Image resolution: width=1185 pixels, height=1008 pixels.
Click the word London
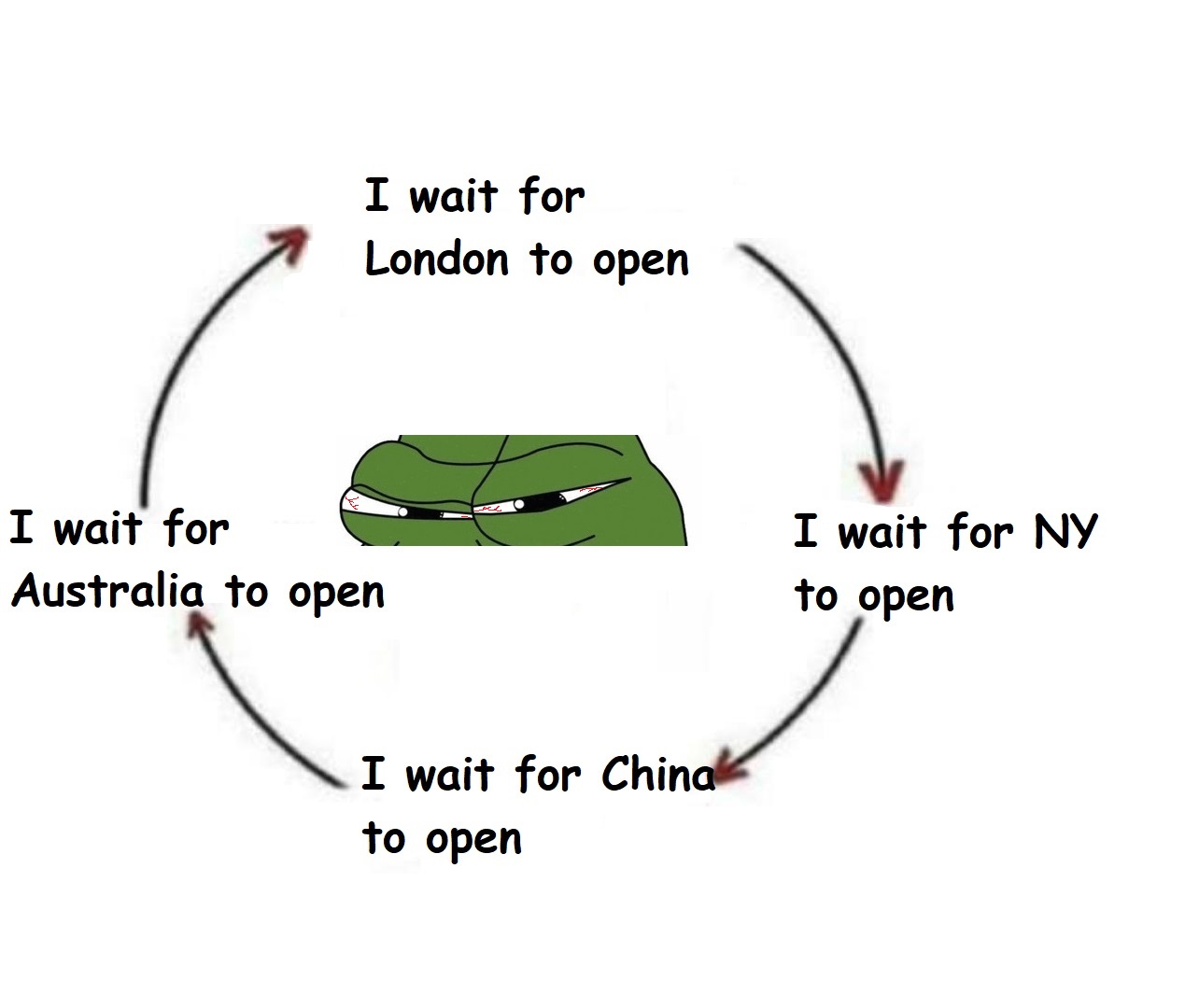click(x=437, y=259)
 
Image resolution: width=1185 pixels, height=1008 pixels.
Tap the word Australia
click(x=107, y=591)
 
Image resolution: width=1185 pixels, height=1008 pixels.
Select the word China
click(x=658, y=774)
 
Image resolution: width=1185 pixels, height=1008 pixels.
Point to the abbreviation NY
click(x=1066, y=531)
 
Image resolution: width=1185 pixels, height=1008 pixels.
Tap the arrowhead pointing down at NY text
click(x=882, y=482)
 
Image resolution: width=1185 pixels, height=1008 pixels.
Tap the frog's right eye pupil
click(x=519, y=504)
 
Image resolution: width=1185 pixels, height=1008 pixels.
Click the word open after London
click(x=641, y=262)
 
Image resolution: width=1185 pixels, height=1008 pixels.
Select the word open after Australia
click(x=336, y=595)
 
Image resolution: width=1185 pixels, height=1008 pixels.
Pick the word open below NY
click(x=906, y=598)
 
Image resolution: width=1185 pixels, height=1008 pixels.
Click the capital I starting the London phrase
click(x=376, y=195)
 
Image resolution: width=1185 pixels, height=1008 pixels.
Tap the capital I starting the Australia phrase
click(x=21, y=526)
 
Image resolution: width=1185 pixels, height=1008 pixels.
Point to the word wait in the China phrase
click(x=450, y=774)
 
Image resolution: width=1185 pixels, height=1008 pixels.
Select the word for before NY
click(x=980, y=531)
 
